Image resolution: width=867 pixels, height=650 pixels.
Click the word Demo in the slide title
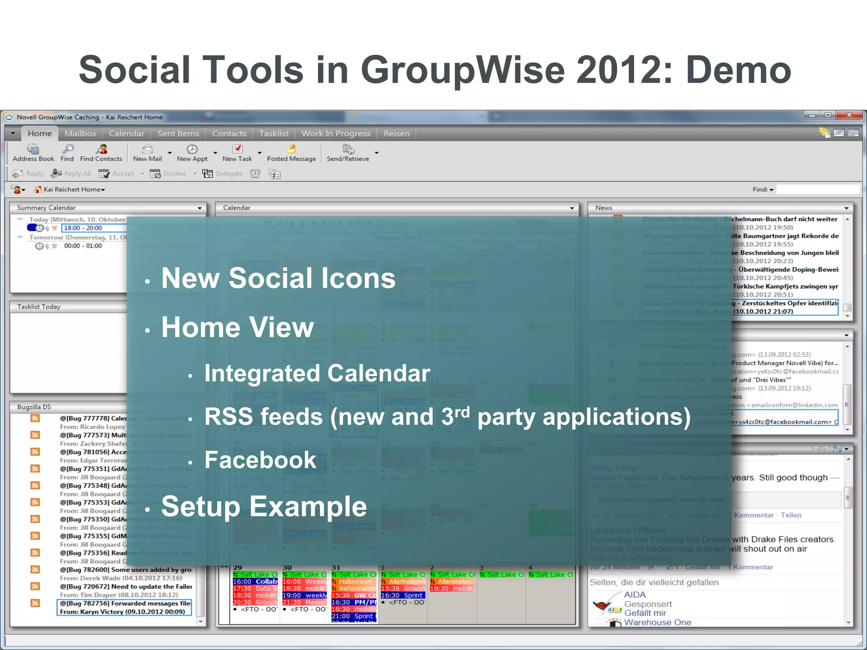[x=738, y=70]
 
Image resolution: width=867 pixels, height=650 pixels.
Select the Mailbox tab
[x=80, y=133]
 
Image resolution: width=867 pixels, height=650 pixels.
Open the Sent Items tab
[x=178, y=133]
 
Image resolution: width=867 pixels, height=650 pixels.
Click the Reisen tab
[x=396, y=133]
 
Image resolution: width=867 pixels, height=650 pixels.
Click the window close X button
[x=849, y=115]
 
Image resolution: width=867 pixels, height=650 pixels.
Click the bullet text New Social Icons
[x=278, y=278]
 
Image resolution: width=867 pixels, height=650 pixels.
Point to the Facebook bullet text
[x=260, y=460]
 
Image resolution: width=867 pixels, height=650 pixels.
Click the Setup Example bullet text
[x=264, y=506]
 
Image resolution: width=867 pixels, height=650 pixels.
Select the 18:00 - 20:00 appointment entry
[x=83, y=228]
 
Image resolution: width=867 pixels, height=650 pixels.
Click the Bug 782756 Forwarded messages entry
[x=125, y=607]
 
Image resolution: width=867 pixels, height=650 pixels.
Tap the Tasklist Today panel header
[x=39, y=306]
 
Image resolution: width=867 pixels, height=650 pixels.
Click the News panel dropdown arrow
[x=846, y=208]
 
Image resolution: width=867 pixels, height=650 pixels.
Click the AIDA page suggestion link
[x=635, y=595]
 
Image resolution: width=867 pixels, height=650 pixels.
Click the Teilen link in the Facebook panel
[x=791, y=515]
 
